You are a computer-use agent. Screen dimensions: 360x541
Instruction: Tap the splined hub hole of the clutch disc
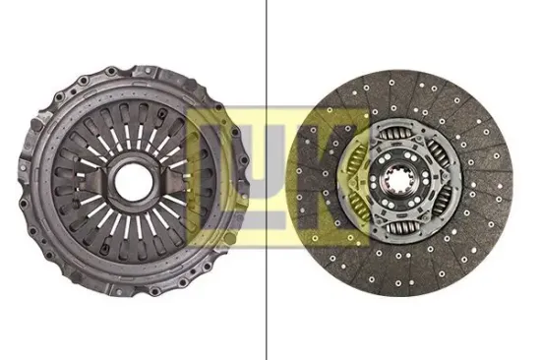coord(406,179)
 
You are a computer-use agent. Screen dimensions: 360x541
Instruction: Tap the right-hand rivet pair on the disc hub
coord(434,179)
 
